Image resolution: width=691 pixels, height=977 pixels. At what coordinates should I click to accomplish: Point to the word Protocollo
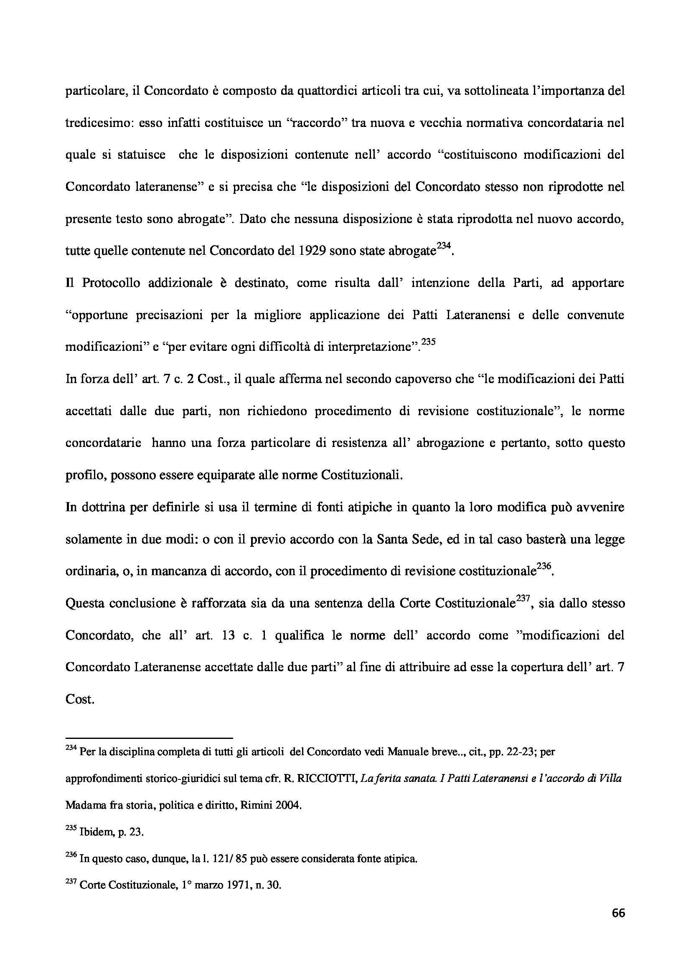[x=111, y=283]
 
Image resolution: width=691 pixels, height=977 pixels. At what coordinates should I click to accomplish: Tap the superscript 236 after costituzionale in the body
[x=544, y=567]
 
